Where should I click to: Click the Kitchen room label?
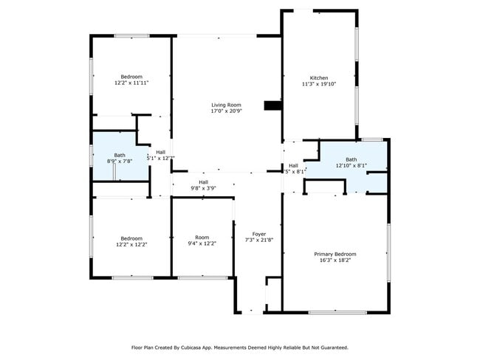(319, 77)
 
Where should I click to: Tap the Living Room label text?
(226, 105)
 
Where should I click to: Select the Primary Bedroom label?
(335, 254)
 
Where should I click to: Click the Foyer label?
(258, 234)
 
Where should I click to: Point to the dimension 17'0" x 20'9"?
(226, 111)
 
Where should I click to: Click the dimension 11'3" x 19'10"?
(319, 84)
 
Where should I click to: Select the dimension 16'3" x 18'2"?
(335, 260)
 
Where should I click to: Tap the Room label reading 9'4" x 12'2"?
(202, 238)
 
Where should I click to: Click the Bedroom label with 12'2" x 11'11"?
(131, 77)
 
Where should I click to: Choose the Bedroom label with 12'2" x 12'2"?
(131, 238)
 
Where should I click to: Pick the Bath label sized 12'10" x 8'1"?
(352, 159)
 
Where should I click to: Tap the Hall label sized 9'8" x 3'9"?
(203, 181)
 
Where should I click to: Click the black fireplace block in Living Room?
(274, 106)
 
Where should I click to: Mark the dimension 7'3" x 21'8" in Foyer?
(258, 240)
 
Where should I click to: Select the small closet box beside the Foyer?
(273, 294)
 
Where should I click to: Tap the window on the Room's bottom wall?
(202, 277)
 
